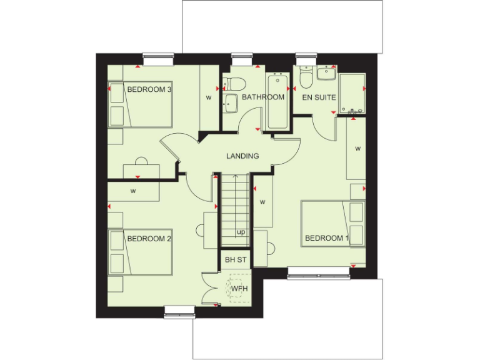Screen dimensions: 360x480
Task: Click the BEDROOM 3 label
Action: pyautogui.click(x=149, y=89)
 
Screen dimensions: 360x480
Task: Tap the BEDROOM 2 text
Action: pyautogui.click(x=149, y=238)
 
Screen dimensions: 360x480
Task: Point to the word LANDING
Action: pyautogui.click(x=242, y=156)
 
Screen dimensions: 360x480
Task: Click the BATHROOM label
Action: pyautogui.click(x=263, y=97)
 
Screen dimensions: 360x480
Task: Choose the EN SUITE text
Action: pyautogui.click(x=319, y=97)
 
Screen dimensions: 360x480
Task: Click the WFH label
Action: pyautogui.click(x=239, y=289)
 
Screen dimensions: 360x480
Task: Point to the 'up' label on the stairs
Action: pyautogui.click(x=241, y=232)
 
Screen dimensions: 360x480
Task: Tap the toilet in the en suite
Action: pyautogui.click(x=306, y=78)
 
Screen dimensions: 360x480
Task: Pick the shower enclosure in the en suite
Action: pyautogui.click(x=352, y=92)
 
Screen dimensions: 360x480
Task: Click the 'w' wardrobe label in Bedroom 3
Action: pyautogui.click(x=208, y=97)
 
